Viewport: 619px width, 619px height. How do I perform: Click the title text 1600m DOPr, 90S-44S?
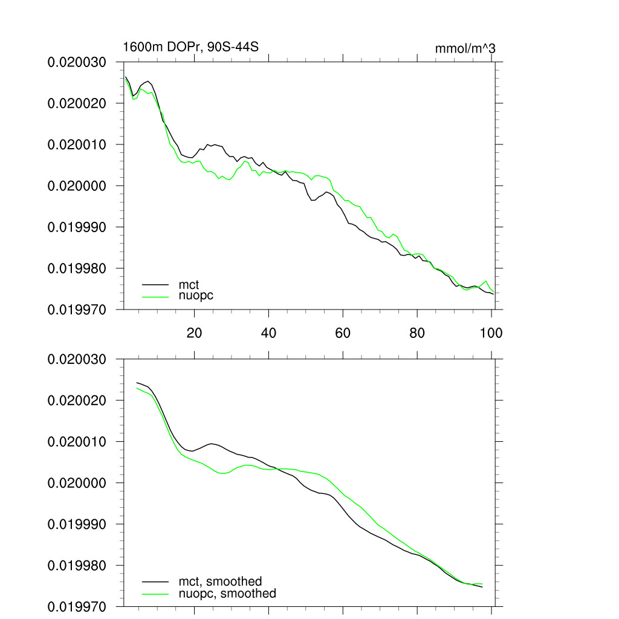pyautogui.click(x=190, y=47)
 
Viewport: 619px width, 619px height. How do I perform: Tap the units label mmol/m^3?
pyautogui.click(x=465, y=48)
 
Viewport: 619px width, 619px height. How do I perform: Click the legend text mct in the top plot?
pyautogui.click(x=189, y=284)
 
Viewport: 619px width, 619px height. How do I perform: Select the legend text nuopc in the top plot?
pyautogui.click(x=196, y=296)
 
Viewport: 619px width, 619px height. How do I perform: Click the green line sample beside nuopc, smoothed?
pyautogui.click(x=155, y=594)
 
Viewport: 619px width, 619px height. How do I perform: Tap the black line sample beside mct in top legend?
pyautogui.click(x=155, y=284)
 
